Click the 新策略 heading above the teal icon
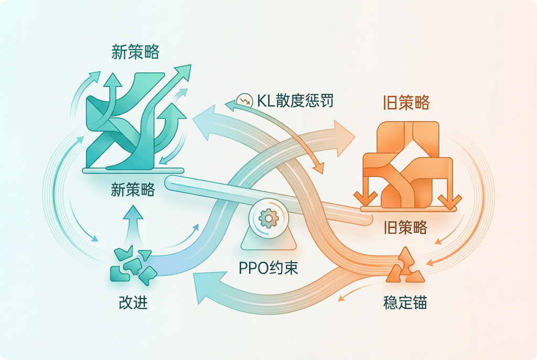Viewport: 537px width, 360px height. [x=135, y=52]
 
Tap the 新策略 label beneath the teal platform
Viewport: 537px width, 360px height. [x=133, y=190]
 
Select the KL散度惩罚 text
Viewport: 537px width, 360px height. [x=295, y=100]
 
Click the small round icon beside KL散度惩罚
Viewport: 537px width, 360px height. [x=243, y=100]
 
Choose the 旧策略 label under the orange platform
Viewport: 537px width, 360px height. [x=405, y=227]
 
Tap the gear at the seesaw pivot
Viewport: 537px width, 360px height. [x=268, y=217]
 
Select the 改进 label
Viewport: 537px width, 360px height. [x=133, y=303]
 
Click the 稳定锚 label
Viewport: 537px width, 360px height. [x=405, y=303]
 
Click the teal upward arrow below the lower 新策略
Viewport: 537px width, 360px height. [x=135, y=220]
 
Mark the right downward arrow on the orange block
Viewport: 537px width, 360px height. [x=448, y=197]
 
